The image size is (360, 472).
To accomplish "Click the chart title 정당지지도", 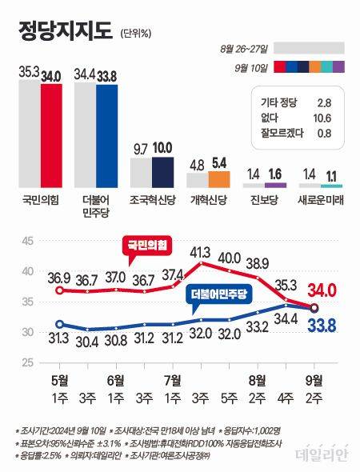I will pyautogui.click(x=66, y=32).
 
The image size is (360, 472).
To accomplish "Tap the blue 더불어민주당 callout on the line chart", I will pyautogui.click(x=218, y=294).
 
